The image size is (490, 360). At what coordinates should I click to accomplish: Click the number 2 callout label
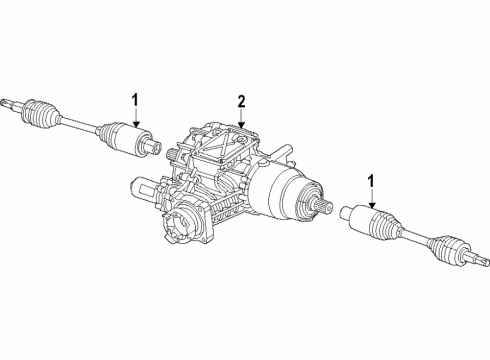click(x=241, y=101)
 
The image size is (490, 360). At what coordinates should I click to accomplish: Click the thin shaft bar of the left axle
click(x=80, y=123)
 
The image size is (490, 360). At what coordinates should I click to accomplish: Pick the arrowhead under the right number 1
click(x=372, y=204)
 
